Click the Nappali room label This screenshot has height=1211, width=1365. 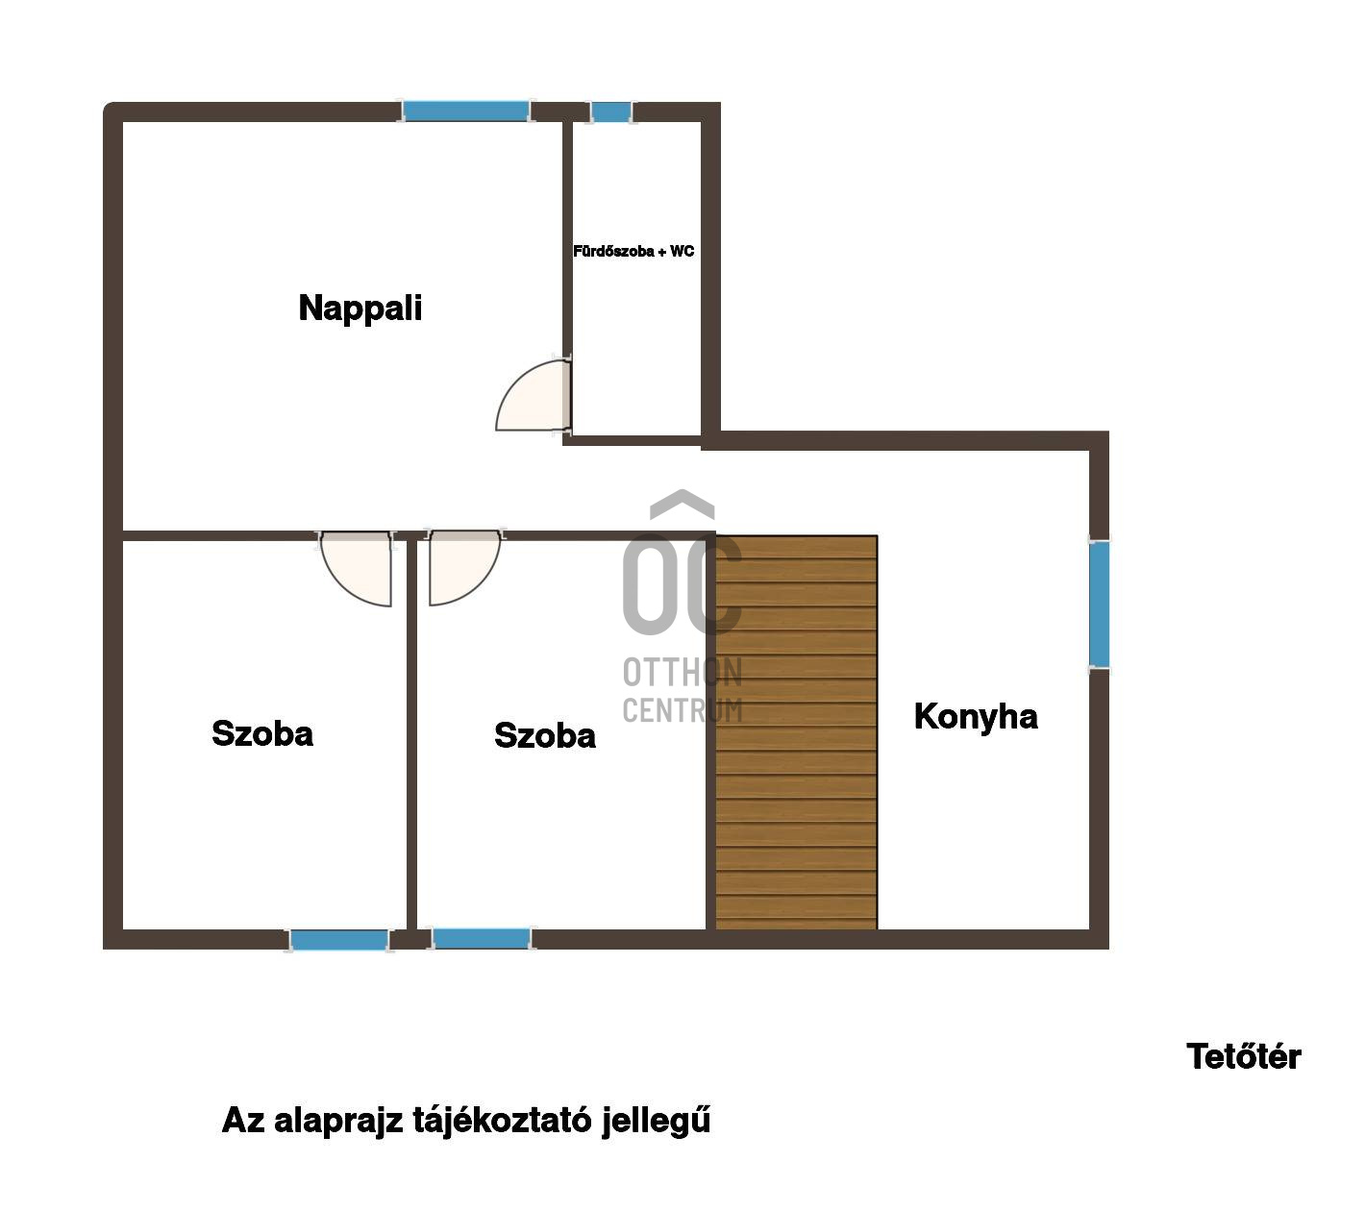point(360,309)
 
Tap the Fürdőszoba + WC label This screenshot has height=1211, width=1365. point(633,251)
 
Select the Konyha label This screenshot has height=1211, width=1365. point(975,717)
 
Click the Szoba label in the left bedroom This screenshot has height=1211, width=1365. point(262,733)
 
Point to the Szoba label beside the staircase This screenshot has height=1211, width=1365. point(544,735)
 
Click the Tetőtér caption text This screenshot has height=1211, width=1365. point(1243,1056)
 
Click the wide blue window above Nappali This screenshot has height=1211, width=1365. point(465,111)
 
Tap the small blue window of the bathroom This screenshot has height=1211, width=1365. point(611,111)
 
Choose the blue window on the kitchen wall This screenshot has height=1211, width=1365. point(1099,605)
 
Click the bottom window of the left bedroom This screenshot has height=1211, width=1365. point(339,940)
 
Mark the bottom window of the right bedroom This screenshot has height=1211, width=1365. point(481,939)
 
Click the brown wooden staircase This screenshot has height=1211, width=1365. point(796,732)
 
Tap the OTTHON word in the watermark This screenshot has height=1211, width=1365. point(682,672)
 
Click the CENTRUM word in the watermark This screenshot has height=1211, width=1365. point(682,710)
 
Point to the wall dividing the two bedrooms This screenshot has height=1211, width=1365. point(411,735)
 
